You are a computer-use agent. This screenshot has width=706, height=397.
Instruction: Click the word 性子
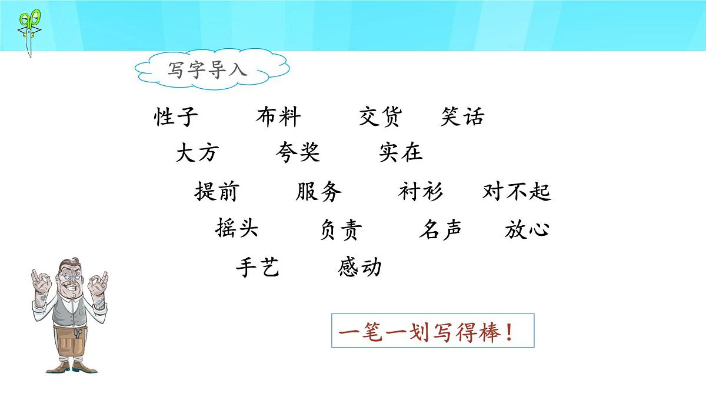[176, 117]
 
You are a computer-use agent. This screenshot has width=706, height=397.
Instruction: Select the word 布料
[278, 117]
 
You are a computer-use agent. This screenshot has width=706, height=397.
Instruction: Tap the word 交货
[379, 117]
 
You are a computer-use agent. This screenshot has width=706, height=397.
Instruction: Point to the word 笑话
[462, 117]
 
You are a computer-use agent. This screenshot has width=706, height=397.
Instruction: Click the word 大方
[197, 153]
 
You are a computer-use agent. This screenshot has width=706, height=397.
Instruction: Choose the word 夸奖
[298, 153]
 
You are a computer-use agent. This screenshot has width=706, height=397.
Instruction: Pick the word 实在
[401, 153]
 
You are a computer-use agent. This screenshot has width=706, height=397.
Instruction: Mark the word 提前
[216, 192]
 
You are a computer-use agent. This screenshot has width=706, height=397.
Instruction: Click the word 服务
[319, 192]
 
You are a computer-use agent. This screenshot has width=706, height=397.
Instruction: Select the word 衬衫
[420, 192]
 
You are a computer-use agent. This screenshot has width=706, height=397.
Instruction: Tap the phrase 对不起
[517, 192]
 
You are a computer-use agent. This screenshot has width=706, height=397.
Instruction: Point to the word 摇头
[237, 228]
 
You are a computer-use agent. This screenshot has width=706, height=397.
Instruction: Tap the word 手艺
[257, 268]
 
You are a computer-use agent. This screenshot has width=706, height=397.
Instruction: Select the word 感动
[360, 268]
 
